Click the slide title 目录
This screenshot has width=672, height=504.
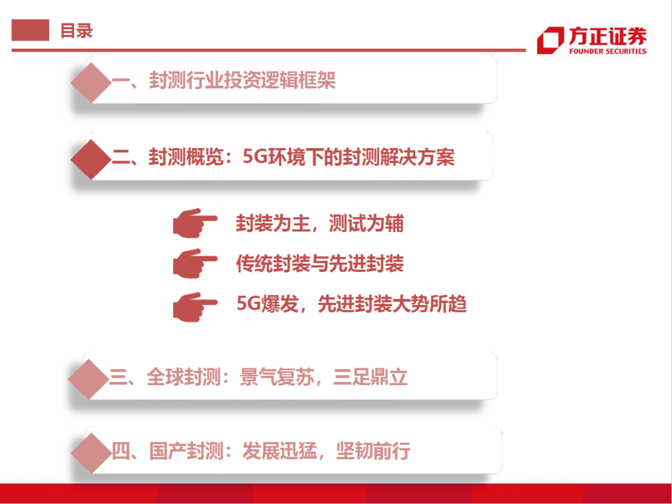click(76, 30)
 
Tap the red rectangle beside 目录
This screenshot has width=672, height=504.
click(30, 30)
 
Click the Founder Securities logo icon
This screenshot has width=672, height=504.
click(550, 40)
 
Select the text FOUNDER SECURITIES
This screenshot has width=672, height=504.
click(607, 52)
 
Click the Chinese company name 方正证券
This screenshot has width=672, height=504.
click(607, 36)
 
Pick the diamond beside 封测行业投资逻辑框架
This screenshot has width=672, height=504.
click(91, 82)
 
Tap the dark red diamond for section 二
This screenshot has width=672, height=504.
click(91, 159)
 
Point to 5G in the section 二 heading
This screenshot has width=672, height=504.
click(254, 157)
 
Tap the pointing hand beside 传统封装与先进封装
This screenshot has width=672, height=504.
click(194, 264)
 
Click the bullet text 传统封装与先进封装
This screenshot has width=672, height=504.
click(320, 264)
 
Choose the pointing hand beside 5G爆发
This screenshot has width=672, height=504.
click(194, 305)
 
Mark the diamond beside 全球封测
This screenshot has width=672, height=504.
click(91, 379)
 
